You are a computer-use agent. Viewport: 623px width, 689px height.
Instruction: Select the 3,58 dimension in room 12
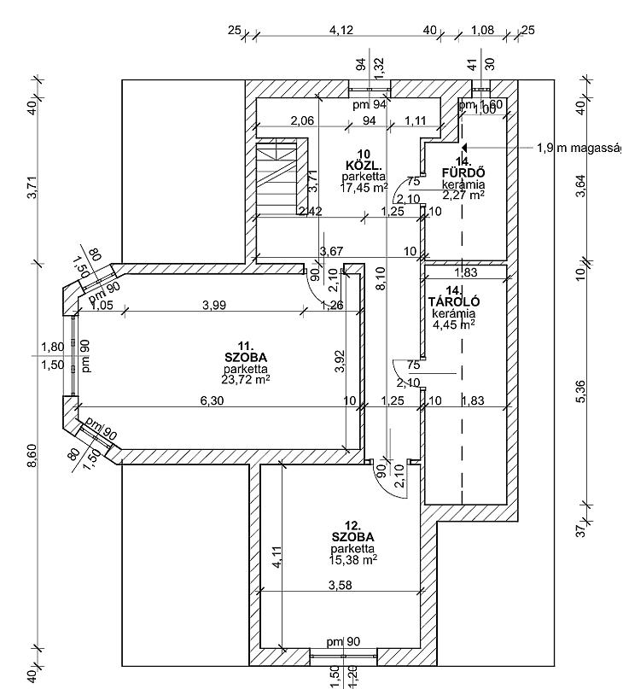pos(342,585)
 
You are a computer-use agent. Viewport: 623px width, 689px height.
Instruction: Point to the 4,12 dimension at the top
pos(341,31)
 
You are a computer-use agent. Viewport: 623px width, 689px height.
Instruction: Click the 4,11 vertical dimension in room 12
pos(275,560)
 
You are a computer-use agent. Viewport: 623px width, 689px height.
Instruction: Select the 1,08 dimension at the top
pos(483,31)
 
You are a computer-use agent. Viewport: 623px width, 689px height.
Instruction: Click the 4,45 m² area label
pos(452,324)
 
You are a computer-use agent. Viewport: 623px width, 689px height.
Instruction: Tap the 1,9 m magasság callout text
pos(579,148)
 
